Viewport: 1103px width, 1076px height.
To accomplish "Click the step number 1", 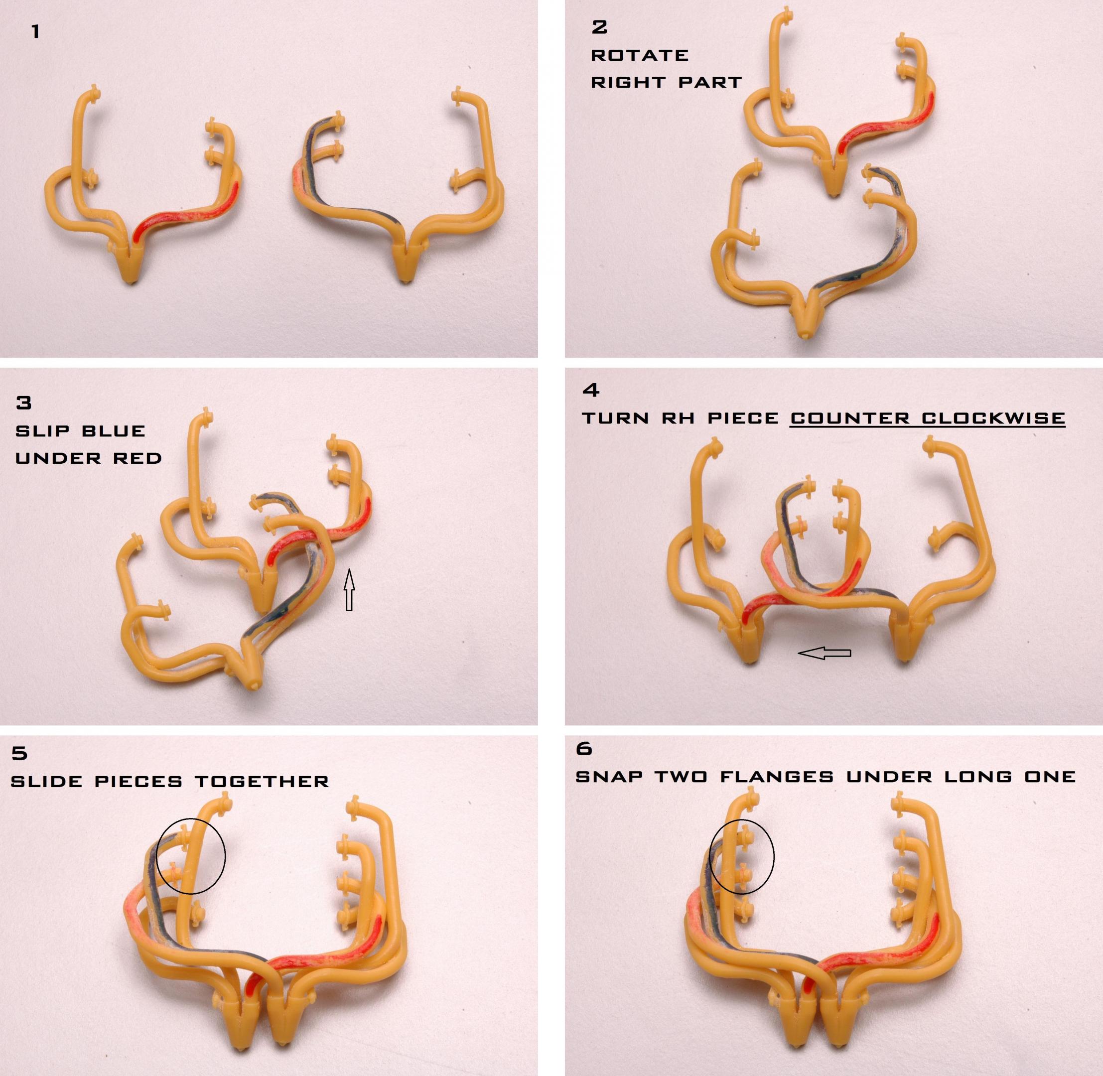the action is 35,32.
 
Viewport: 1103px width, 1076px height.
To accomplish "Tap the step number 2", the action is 599,26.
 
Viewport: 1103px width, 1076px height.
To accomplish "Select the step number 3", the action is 24,403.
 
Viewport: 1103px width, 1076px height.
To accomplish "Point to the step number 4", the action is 590,390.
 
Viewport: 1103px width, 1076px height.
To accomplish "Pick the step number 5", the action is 19,753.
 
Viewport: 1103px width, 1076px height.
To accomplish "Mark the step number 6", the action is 584,748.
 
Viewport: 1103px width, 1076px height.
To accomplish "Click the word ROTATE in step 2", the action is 640,55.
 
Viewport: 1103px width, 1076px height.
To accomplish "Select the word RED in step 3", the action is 138,458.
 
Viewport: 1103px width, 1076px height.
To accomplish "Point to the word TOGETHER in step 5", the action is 262,782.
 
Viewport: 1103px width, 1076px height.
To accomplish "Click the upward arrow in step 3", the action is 349,589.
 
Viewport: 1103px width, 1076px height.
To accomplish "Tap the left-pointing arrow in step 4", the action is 824,653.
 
